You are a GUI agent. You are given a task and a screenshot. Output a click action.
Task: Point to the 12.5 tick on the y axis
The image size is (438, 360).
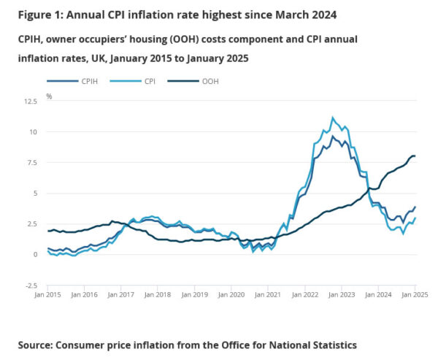30,101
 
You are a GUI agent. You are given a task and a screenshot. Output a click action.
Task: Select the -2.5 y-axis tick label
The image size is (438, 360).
30,286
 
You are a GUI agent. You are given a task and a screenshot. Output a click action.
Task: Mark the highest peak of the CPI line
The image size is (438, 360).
332,117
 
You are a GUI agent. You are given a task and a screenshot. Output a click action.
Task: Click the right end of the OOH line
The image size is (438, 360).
415,156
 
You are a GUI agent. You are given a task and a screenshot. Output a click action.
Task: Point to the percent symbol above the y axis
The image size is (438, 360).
50,96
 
